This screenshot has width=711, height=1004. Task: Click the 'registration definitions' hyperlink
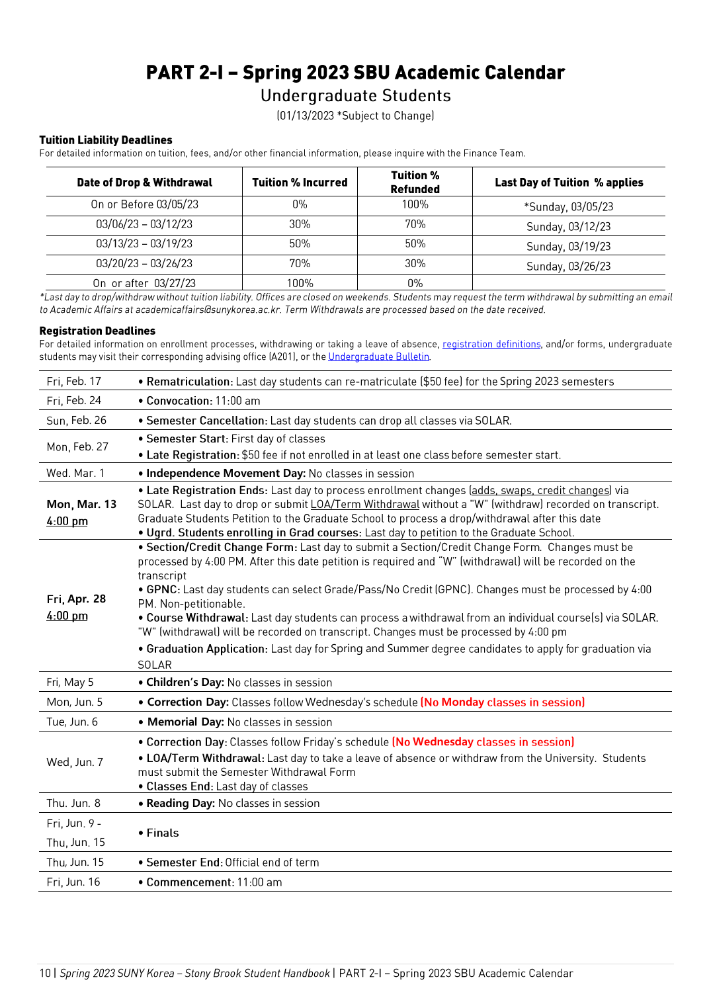491,344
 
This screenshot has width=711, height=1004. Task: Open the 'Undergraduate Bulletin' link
378,356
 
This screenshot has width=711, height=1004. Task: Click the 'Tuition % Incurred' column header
300,183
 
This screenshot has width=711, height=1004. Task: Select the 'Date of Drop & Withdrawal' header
144,183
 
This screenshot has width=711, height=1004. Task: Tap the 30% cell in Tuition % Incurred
300,224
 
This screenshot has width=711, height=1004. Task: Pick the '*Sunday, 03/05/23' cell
568,206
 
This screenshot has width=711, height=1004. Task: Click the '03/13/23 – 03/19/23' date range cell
144,243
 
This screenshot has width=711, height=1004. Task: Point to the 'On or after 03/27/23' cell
144,283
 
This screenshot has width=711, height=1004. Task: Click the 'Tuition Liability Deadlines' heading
106,140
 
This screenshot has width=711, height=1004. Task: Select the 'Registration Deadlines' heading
97,331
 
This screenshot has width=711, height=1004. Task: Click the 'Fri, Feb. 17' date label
74,381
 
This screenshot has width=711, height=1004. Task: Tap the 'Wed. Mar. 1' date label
75,473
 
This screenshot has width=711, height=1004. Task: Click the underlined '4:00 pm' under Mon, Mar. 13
67,521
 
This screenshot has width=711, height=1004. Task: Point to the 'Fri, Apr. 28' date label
76,599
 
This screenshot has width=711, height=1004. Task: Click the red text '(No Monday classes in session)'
503,702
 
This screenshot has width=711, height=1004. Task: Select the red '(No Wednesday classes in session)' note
483,742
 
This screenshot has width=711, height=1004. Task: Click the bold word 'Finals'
163,833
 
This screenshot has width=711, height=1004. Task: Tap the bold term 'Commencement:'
190,882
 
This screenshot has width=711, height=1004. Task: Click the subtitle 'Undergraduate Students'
355,96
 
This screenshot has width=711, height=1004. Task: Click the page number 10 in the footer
45,973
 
